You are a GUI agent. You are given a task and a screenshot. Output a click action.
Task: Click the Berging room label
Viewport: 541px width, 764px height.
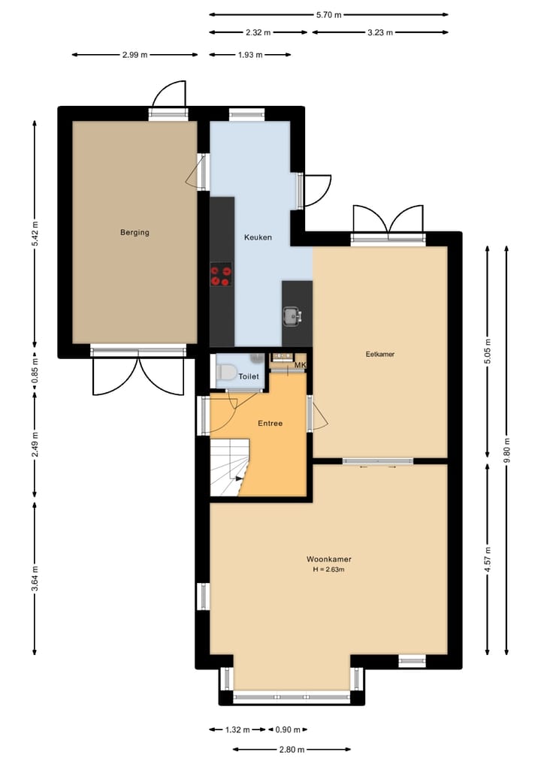(134, 232)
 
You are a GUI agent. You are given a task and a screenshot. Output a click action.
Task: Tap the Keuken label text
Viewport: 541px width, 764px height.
(258, 237)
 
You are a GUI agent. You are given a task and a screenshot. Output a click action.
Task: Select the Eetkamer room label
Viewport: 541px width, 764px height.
(380, 354)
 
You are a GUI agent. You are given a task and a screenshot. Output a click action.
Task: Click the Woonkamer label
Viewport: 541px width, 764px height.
(329, 559)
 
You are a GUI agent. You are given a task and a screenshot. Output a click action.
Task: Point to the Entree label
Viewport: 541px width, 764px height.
(270, 424)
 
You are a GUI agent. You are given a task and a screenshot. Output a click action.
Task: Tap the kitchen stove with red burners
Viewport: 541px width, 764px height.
(221, 274)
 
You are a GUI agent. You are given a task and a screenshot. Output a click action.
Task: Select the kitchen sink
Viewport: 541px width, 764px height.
(292, 316)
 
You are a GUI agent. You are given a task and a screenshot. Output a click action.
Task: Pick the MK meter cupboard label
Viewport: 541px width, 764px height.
(301, 366)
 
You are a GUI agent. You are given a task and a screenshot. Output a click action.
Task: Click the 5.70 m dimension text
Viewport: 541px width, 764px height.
(328, 14)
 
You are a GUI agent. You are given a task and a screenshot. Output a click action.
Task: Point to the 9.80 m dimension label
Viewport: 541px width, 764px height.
(506, 450)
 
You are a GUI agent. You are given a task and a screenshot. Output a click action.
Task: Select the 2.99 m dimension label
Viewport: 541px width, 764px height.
(134, 55)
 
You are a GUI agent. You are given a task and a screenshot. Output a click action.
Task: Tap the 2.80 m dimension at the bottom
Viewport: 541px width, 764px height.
(292, 749)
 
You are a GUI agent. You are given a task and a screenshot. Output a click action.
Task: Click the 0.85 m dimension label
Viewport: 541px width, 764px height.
(35, 375)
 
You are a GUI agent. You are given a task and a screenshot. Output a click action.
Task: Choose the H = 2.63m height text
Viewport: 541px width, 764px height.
(329, 569)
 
